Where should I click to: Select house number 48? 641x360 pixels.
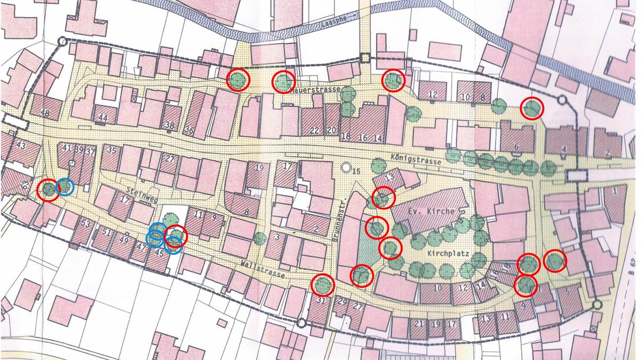coord(44,113)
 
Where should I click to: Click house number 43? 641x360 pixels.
coord(21,145)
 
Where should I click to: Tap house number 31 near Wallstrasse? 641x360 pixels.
coord(321,301)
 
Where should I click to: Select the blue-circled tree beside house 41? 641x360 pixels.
coord(65,186)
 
